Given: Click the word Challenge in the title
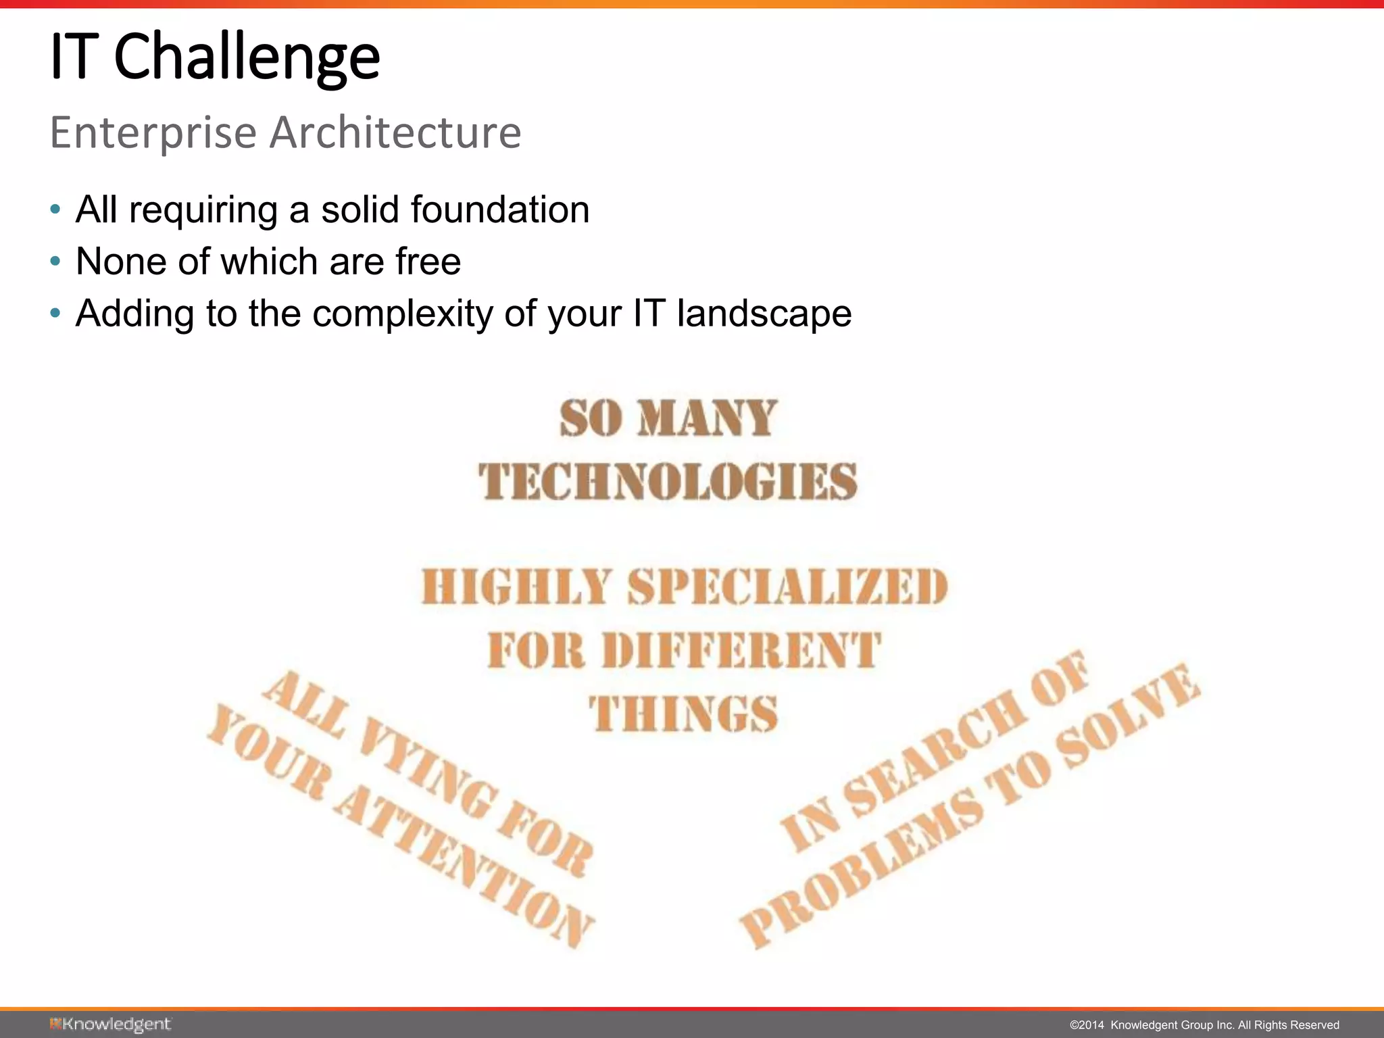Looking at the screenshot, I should click(x=247, y=58).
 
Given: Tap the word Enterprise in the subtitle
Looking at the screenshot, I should click(x=153, y=132).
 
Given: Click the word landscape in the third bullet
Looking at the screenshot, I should click(x=764, y=314).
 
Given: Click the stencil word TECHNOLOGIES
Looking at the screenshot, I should click(x=668, y=482).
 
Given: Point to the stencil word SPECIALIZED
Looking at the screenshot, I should click(x=787, y=587).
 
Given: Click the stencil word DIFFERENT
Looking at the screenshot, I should click(x=741, y=650).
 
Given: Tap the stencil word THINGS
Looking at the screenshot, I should click(x=683, y=714).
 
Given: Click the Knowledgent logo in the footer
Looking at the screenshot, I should click(x=110, y=1024).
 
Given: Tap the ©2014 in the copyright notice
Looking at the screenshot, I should click(x=1086, y=1025).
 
